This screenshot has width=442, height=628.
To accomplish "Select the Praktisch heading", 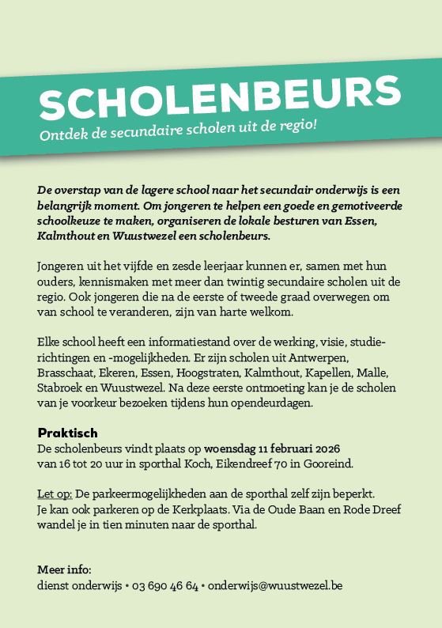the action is [x=67, y=433].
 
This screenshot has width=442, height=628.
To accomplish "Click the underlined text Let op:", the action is [x=55, y=494].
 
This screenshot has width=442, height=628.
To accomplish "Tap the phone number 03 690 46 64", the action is [x=164, y=586].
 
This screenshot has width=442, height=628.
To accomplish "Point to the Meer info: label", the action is [x=64, y=569].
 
